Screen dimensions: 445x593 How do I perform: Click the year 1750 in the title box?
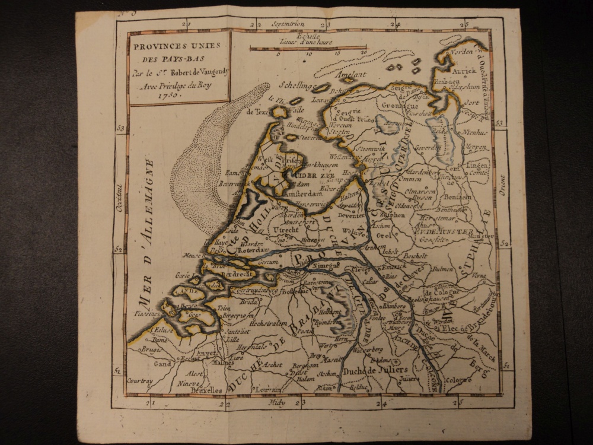[x=152, y=94]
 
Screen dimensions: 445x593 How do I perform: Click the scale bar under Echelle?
[x=308, y=48]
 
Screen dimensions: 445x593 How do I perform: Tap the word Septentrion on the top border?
[x=288, y=24]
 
